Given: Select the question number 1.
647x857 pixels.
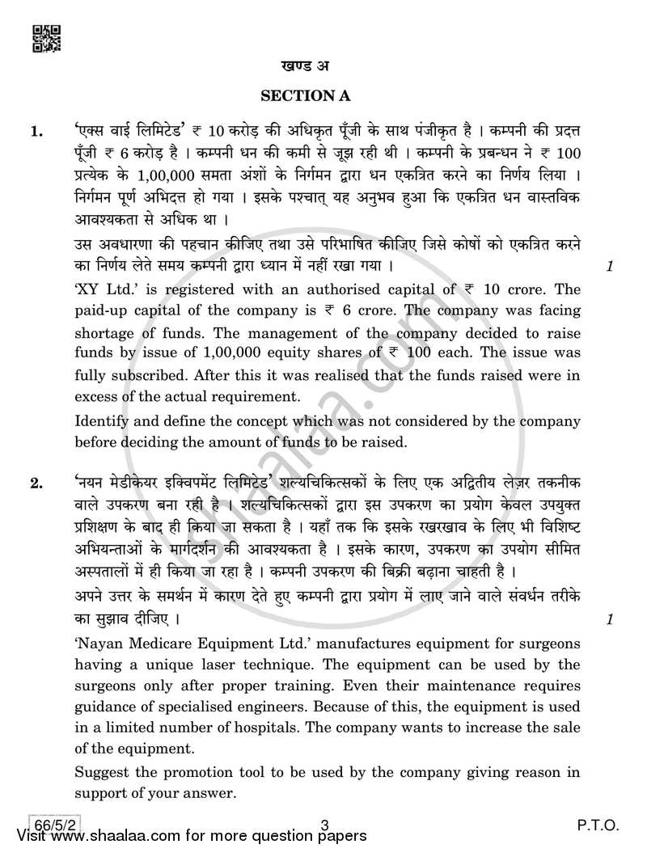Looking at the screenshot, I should (x=36, y=130).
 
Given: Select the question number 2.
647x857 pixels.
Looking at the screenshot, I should (x=36, y=484).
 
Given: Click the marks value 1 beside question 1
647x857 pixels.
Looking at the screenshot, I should (x=608, y=266).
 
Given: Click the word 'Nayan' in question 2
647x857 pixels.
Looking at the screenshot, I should (x=105, y=644).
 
